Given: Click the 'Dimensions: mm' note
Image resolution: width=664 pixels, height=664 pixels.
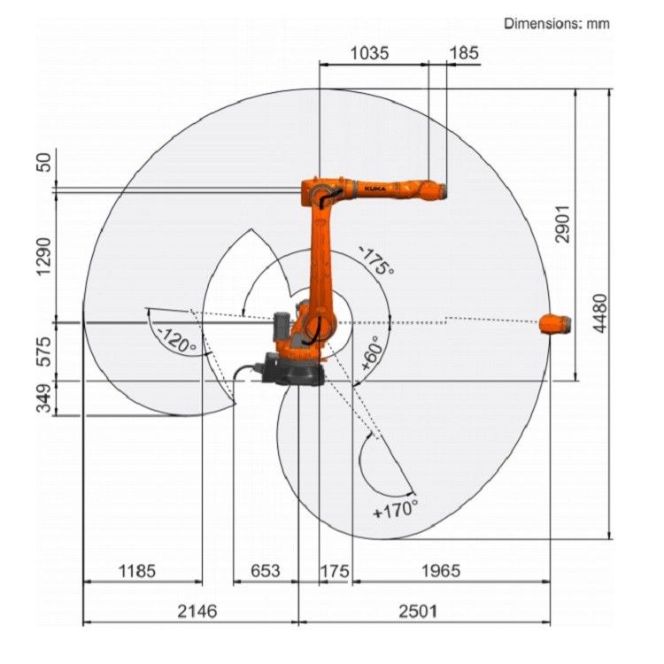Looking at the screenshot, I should pos(556,24).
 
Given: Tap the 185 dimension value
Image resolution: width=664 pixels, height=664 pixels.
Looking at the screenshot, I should pos(464,53).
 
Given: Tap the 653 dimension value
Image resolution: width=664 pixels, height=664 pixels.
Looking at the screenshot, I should pos(263,571).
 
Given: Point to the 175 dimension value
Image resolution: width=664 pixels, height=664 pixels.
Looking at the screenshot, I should pos(334,571).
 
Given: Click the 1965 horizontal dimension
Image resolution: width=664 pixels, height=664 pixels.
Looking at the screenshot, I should pos(439,571).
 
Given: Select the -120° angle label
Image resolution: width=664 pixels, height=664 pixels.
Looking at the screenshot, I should pos(175,341).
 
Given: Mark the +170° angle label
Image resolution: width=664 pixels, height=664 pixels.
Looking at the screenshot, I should pos(395,510).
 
